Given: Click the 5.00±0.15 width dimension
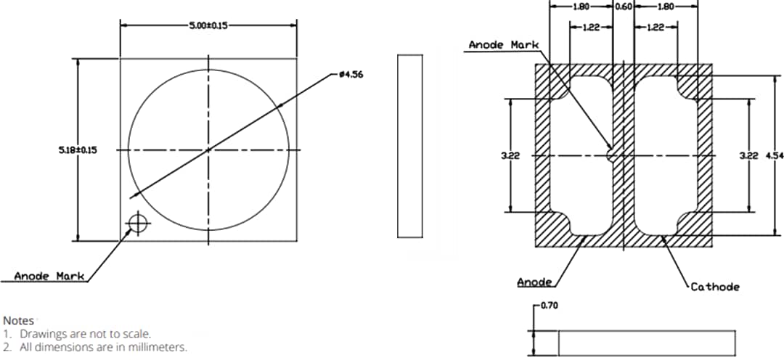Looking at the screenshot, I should (x=208, y=25).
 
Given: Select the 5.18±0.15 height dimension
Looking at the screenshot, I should (x=78, y=150).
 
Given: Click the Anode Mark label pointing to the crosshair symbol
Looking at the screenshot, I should (x=49, y=276).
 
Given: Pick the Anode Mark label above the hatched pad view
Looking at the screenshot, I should (x=503, y=45).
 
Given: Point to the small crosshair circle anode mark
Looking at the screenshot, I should (x=137, y=224).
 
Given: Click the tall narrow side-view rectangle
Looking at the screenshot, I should (x=410, y=145).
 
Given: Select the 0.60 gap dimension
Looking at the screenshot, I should (x=624, y=6).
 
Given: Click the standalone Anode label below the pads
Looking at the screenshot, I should (x=534, y=282).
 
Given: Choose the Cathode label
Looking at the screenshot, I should (x=714, y=287).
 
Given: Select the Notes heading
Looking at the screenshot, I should (x=18, y=320).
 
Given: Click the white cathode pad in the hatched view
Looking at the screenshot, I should (x=666, y=155).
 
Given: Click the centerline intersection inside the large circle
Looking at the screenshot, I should (x=208, y=150).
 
